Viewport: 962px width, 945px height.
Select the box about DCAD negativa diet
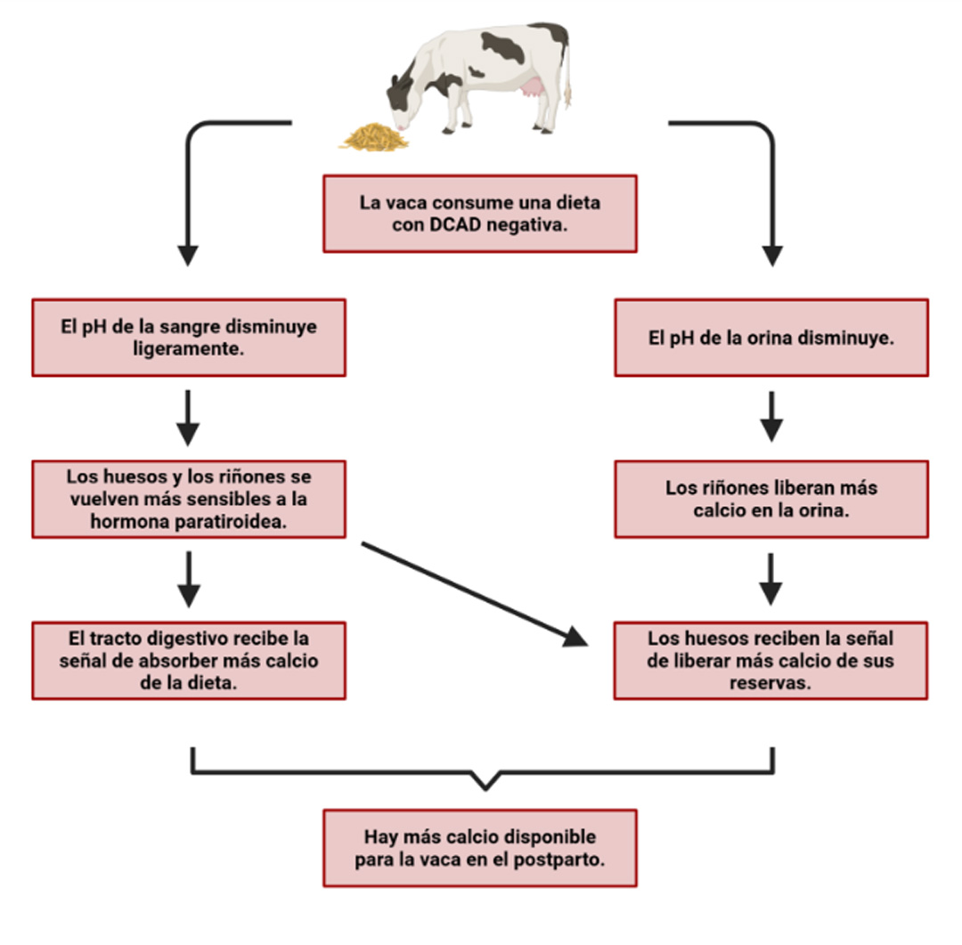click(x=479, y=214)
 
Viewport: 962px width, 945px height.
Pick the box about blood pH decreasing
click(x=189, y=338)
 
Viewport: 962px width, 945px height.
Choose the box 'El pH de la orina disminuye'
click(x=771, y=338)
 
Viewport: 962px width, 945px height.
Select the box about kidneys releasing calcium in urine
click(x=771, y=499)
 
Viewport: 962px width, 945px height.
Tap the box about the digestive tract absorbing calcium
click(x=189, y=660)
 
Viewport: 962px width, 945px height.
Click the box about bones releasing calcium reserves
click(x=771, y=660)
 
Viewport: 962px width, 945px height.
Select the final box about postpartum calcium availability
click(x=479, y=848)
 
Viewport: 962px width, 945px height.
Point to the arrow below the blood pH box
click(x=188, y=416)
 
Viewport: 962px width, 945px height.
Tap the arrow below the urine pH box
click(x=771, y=416)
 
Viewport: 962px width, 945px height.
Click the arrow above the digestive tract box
click(x=188, y=579)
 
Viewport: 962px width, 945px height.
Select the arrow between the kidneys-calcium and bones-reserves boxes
click(x=771, y=579)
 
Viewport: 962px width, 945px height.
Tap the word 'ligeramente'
click(x=188, y=349)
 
